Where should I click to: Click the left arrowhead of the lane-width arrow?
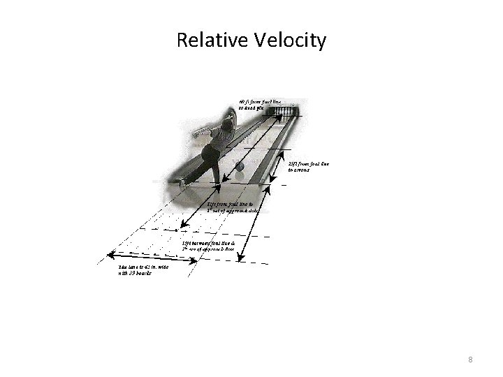[108, 252]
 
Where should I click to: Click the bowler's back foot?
[182, 182]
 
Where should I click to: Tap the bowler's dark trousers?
[212, 159]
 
